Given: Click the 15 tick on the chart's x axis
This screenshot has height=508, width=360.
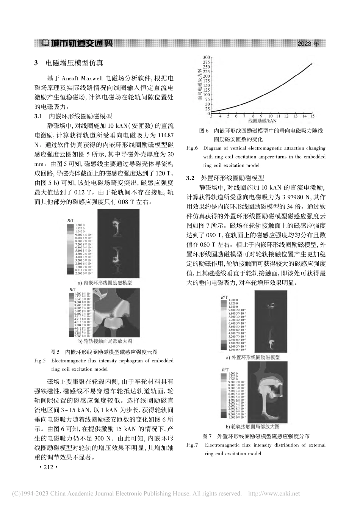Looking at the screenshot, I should click(x=312, y=116).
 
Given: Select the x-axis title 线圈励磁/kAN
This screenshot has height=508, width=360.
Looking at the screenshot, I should click(x=262, y=121).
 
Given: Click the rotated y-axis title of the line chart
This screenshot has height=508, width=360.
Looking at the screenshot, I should click(x=199, y=85).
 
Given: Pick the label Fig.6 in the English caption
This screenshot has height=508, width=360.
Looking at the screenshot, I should click(x=192, y=148).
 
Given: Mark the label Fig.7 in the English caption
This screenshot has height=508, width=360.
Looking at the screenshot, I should click(x=192, y=445).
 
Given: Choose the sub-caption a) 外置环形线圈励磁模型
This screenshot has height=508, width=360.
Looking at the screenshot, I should click(x=253, y=357).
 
